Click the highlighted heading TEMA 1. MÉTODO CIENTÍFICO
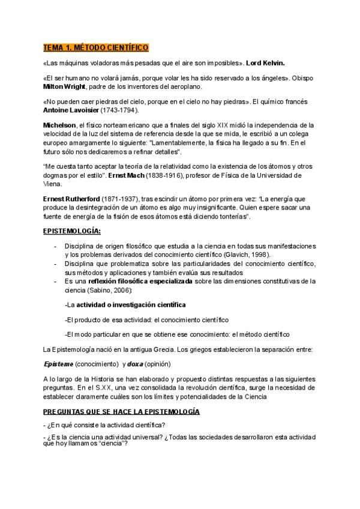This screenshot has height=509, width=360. (x=95, y=47)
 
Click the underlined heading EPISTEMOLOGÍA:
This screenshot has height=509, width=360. (x=72, y=230)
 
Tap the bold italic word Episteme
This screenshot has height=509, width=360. (x=58, y=364)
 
